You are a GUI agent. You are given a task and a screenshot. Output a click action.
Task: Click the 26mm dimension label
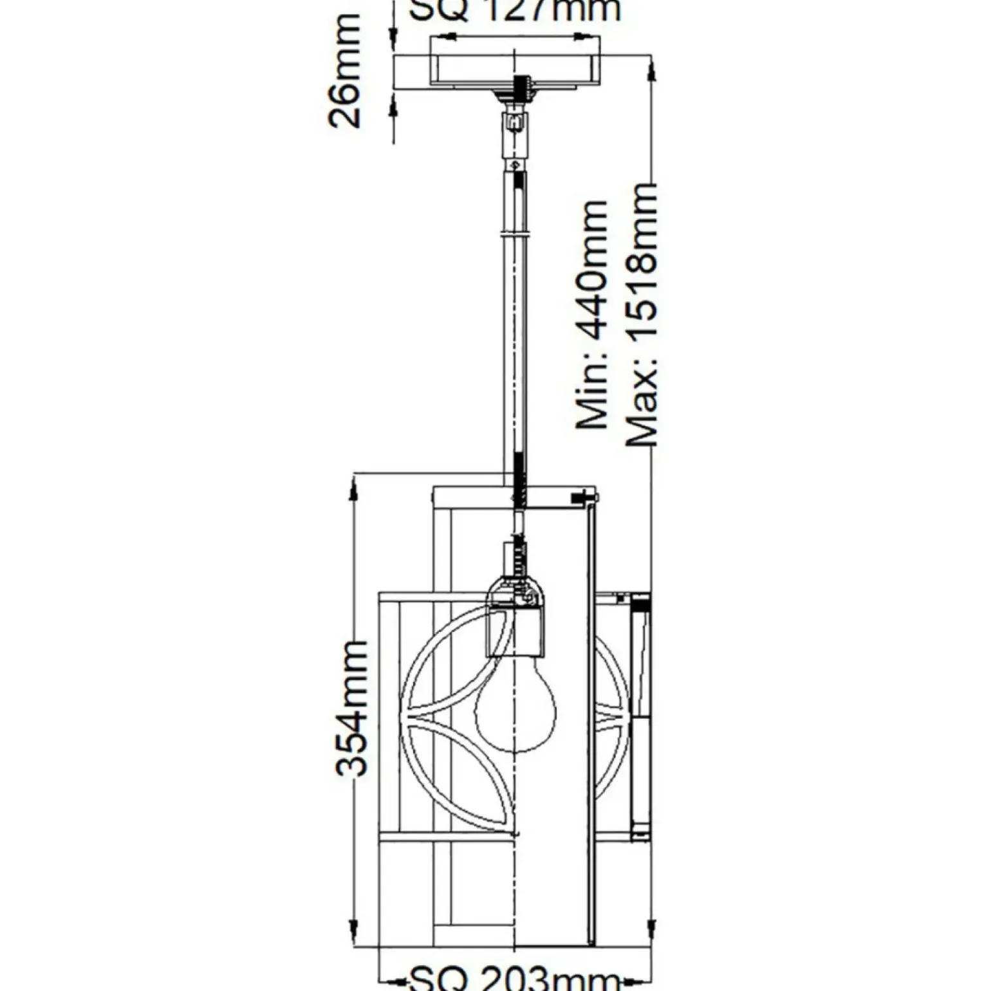tap(344, 71)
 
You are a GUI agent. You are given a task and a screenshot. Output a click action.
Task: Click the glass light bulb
tap(515, 708)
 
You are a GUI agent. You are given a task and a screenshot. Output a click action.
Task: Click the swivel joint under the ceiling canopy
tap(515, 122)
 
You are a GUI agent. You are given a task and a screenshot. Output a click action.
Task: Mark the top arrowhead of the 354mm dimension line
tap(353, 489)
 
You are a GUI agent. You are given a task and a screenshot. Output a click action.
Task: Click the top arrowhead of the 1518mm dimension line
tap(653, 71)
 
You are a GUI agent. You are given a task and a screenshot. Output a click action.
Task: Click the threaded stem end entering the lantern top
tap(519, 486)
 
